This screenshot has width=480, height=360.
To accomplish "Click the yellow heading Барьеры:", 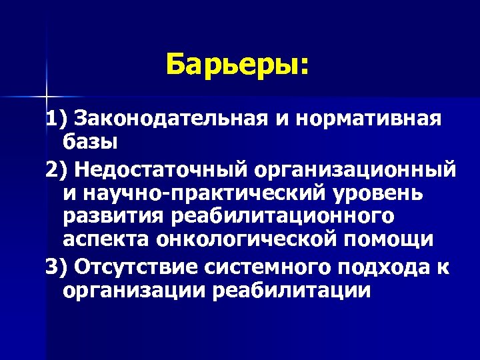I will (238, 65).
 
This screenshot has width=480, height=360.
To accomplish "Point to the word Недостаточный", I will (160, 169).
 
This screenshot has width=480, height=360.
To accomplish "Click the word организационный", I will (354, 169).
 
